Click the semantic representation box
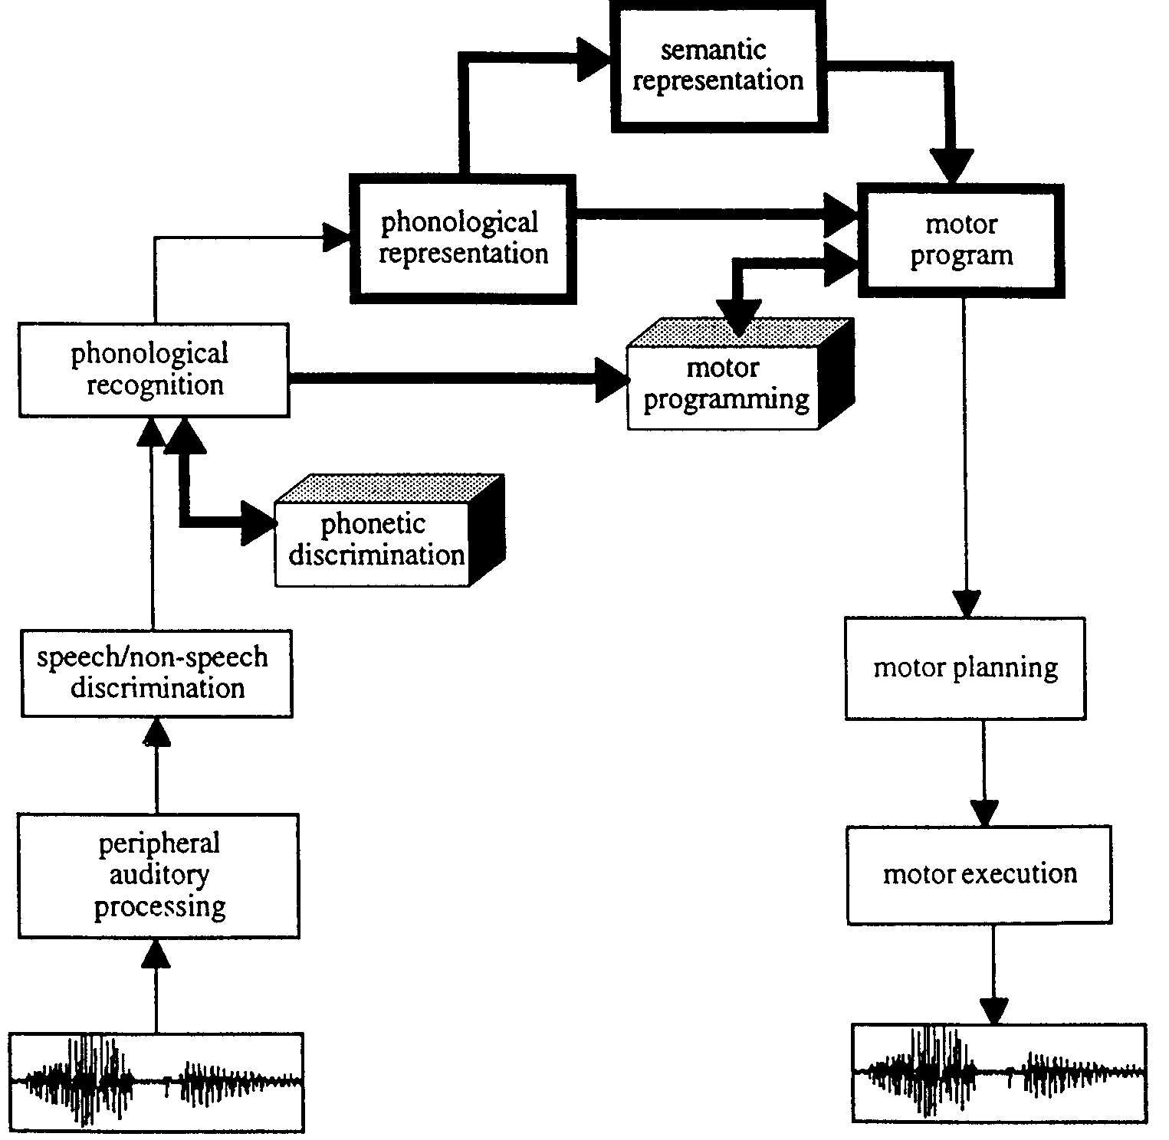coord(717,66)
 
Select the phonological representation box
coord(463,238)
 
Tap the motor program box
coord(961,240)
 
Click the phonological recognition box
coord(154,370)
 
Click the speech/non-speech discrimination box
coord(156,673)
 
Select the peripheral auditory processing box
coord(159,875)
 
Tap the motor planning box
coord(965,668)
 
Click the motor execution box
coord(979,874)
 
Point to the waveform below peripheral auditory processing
coord(156,1082)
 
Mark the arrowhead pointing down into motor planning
coord(966,604)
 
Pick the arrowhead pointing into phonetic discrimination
coord(258,523)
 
